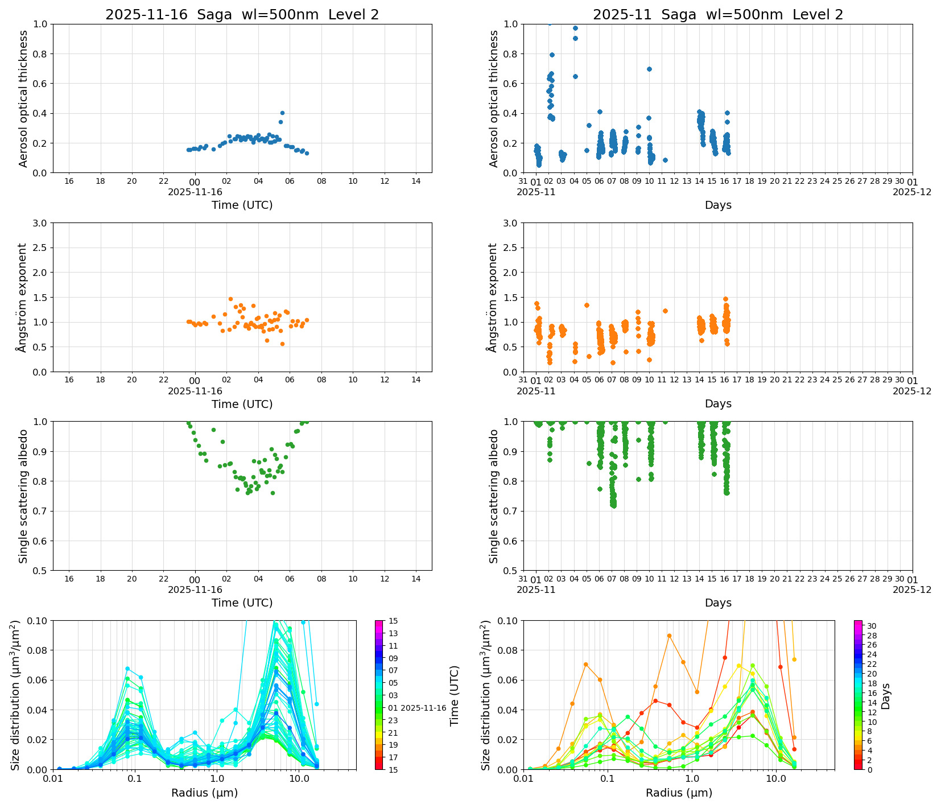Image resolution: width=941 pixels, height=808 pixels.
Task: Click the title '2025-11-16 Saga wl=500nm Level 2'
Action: tap(242, 15)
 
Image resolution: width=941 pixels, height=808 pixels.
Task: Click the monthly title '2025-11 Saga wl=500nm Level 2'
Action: tap(717, 15)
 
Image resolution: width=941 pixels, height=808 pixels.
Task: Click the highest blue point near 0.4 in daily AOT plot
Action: tap(282, 113)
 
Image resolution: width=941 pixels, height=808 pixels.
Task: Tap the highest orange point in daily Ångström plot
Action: tap(230, 299)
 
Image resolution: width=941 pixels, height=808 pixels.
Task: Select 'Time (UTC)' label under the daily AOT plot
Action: tap(242, 205)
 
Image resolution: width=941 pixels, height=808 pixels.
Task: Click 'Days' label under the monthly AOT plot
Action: tap(717, 205)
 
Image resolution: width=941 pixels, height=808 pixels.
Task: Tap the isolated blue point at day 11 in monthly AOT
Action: tap(665, 160)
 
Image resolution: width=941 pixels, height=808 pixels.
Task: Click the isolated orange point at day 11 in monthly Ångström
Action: tap(665, 311)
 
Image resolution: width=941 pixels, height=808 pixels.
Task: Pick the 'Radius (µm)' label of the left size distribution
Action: tap(204, 793)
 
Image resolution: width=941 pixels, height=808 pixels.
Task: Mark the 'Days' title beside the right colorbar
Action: tap(886, 695)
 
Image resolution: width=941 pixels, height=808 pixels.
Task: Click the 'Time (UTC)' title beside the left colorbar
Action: tap(454, 695)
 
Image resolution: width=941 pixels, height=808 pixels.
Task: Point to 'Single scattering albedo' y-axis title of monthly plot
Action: tap(493, 496)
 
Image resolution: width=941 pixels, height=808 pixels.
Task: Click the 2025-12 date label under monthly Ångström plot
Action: tap(912, 391)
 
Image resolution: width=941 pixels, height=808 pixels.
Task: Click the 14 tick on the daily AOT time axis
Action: tap(416, 181)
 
